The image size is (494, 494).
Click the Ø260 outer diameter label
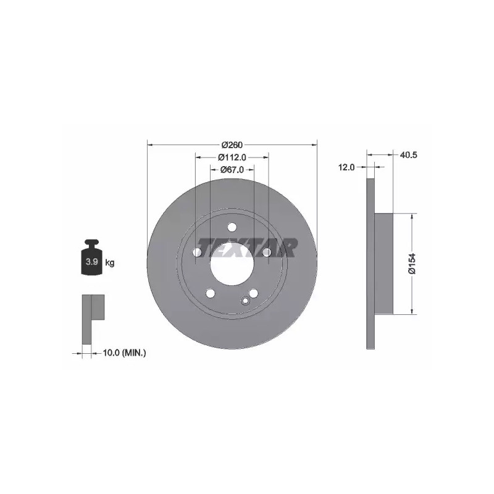click(x=232, y=145)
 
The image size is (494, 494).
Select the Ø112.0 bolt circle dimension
click(x=232, y=157)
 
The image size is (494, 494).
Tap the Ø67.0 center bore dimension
click(x=232, y=169)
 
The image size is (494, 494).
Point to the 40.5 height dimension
click(x=408, y=155)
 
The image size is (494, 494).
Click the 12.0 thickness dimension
click(x=346, y=167)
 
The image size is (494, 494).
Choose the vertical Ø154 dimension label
click(x=412, y=264)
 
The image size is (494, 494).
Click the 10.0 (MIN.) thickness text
click(x=125, y=353)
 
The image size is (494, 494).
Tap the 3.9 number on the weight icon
click(x=91, y=261)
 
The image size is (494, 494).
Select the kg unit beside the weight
click(x=110, y=262)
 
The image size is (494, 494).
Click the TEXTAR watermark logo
click(x=246, y=248)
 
